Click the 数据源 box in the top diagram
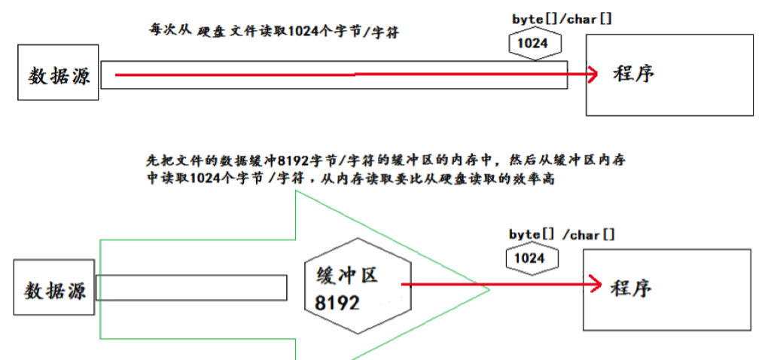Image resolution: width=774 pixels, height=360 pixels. coord(59,74)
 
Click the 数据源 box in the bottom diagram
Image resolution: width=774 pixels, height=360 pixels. coord(55,289)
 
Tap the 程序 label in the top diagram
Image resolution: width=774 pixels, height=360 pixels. coord(633,75)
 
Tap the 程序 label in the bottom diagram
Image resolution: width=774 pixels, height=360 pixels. coord(630,288)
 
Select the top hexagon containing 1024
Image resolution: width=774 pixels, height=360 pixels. coord(532,44)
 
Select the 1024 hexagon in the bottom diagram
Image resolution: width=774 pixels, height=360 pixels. coord(530,258)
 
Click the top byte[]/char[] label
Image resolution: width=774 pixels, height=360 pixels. coord(561,18)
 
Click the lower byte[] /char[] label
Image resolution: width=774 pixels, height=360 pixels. coord(562,235)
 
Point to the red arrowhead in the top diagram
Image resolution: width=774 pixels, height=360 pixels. coord(592,74)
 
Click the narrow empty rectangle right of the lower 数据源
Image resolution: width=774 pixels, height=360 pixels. coord(190,287)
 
